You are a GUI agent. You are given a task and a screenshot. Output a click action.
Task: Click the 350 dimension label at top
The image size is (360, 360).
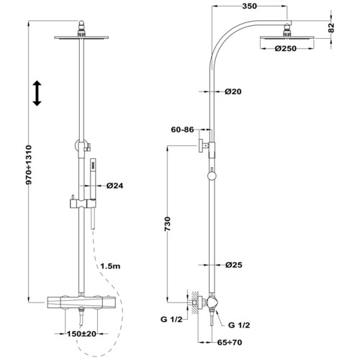(249, 6)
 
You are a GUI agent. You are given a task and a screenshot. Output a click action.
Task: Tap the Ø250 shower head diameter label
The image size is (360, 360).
(286, 48)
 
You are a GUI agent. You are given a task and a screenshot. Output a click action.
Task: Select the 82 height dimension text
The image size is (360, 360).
(331, 27)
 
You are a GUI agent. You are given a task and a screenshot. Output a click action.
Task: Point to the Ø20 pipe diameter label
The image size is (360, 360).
(233, 91)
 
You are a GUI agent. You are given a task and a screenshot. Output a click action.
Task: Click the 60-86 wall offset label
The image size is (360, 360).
(182, 130)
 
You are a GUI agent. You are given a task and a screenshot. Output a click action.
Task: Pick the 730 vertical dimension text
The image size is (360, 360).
(168, 224)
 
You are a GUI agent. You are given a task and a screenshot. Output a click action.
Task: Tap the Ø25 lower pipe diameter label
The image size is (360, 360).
(234, 265)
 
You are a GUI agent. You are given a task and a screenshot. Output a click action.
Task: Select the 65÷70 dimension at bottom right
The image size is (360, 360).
(230, 343)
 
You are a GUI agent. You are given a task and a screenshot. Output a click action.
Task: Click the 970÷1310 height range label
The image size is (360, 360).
(29, 165)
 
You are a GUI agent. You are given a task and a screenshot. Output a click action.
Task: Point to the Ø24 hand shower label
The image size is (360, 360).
(114, 186)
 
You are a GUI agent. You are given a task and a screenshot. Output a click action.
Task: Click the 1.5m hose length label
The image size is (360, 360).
(110, 266)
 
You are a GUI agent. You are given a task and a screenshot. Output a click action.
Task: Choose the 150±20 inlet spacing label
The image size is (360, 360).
(81, 334)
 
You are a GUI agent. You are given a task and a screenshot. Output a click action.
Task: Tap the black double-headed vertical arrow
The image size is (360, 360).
(37, 94)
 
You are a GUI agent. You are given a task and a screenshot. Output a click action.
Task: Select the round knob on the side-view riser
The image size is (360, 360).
(212, 176)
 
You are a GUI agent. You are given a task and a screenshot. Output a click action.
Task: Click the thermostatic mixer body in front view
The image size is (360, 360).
(81, 302)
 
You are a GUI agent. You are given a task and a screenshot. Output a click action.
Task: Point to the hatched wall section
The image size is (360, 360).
(195, 303)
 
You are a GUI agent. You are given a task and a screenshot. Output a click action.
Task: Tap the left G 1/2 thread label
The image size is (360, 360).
(171, 320)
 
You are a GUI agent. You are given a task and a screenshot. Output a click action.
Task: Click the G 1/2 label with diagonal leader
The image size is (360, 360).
(239, 325)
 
